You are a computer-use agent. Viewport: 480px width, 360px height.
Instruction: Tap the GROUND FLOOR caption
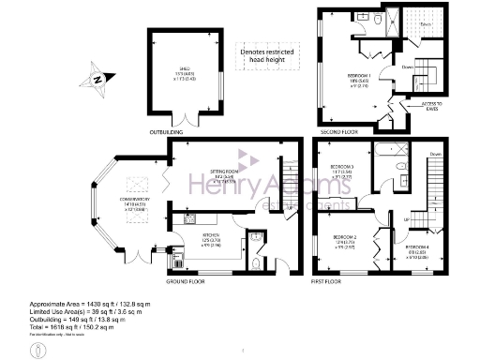click(187, 280)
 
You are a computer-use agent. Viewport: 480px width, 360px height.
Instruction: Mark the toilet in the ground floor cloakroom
click(256, 263)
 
